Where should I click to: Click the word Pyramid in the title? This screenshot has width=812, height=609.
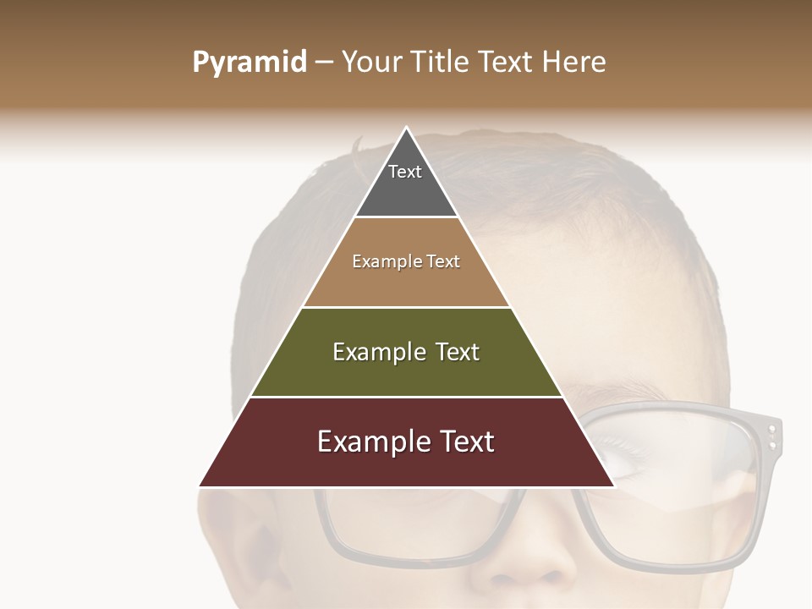249,63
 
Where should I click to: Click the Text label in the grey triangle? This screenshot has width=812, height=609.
405,172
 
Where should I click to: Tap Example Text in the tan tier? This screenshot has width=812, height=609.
406,261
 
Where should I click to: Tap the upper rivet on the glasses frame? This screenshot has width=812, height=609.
771,431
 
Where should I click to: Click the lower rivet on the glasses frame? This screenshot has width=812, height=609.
771,444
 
